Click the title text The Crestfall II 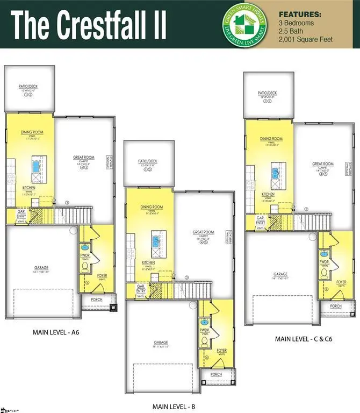pos(89,24)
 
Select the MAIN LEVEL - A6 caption pos(56,333)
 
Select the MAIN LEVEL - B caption pos(174,406)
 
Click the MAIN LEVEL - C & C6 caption pos(300,339)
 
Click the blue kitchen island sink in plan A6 pos(37,166)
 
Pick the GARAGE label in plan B pos(161,343)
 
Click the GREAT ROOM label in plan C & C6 pos(323,164)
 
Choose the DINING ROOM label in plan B pos(152,207)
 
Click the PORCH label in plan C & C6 pos(336,306)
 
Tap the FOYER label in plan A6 pos(102,276)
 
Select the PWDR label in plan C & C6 pos(324,262)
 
